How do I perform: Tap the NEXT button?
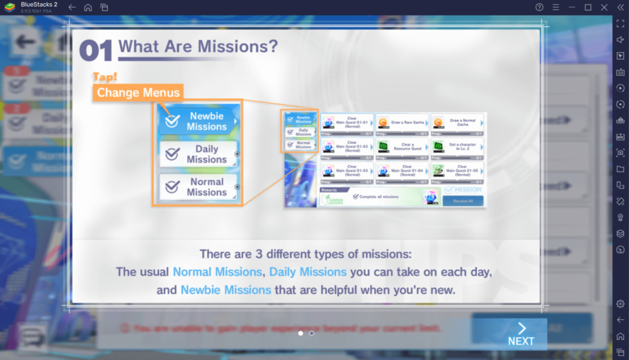click(x=521, y=334)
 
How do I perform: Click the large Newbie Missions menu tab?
click(x=198, y=121)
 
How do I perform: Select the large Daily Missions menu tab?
click(x=198, y=154)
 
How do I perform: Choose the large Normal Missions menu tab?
click(x=198, y=187)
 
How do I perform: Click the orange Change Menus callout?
click(x=138, y=93)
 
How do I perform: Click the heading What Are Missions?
click(x=198, y=46)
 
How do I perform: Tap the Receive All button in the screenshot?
click(x=463, y=200)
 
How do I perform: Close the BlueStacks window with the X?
click(x=604, y=7)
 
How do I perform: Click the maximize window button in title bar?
click(x=588, y=7)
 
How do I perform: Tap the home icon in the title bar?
click(x=88, y=7)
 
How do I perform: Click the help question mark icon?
click(x=539, y=7)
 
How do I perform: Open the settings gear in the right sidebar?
click(x=620, y=303)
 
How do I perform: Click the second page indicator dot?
click(x=311, y=333)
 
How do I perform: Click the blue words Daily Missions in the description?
click(x=308, y=272)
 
